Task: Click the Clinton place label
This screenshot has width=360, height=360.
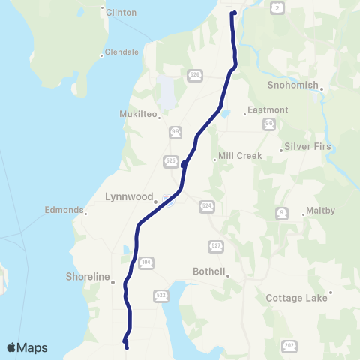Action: tap(121, 13)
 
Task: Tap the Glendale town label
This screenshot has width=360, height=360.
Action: tap(121, 52)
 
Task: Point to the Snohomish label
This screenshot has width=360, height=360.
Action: tap(293, 85)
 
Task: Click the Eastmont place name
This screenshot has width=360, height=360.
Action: tap(268, 110)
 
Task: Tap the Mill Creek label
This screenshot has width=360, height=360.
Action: tap(239, 157)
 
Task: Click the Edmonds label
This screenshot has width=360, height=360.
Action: tap(63, 211)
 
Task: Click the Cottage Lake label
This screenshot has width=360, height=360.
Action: tap(298, 298)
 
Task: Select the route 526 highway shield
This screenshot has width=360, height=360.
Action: tap(194, 75)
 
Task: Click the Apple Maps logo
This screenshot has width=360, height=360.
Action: tap(27, 347)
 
